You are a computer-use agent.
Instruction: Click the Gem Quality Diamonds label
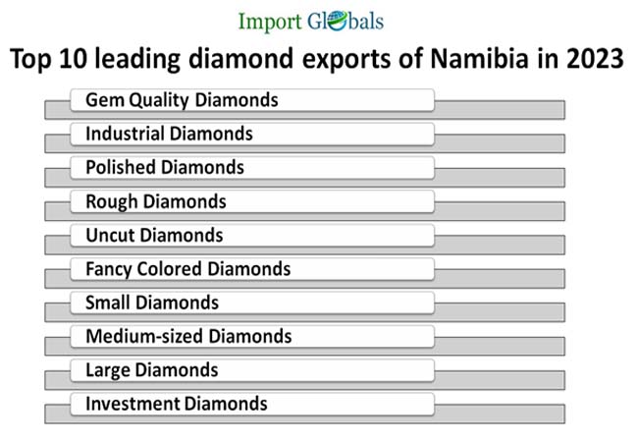click(x=182, y=100)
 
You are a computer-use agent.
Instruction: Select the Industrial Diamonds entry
click(x=169, y=134)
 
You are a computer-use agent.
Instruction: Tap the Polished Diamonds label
click(x=165, y=167)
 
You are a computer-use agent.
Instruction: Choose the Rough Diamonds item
click(x=156, y=201)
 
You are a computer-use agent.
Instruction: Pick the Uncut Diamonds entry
click(x=154, y=235)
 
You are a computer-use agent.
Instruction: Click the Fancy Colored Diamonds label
click(x=187, y=268)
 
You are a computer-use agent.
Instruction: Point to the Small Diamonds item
click(x=152, y=302)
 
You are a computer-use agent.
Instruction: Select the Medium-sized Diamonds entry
click(x=188, y=336)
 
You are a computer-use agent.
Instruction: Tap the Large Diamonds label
click(x=151, y=369)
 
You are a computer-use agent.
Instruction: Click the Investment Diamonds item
click(x=176, y=403)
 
